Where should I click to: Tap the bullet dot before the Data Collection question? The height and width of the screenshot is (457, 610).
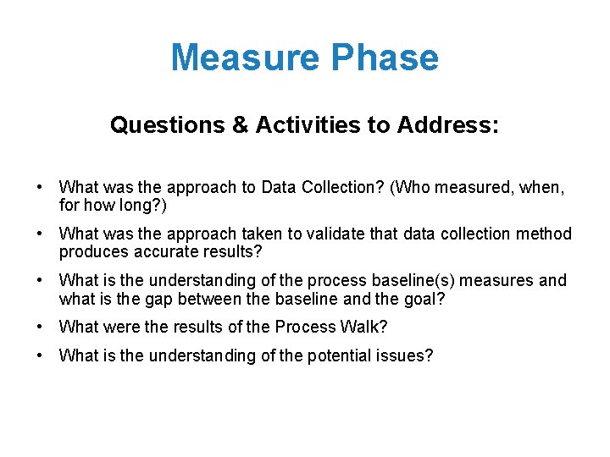click(40, 186)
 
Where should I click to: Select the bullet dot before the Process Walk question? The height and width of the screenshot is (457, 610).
click(40, 327)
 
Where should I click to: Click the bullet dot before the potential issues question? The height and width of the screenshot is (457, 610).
click(40, 355)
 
